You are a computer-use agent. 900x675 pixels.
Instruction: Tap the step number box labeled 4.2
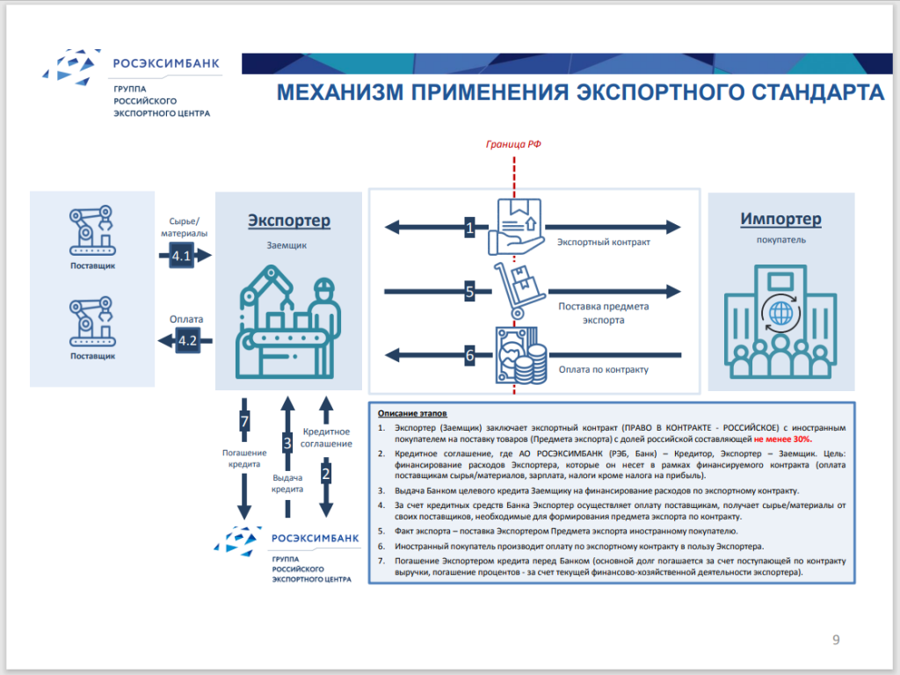[x=187, y=340]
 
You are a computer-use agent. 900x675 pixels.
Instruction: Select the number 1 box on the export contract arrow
[x=470, y=229]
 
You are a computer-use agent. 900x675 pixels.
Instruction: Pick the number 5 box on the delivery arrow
[x=470, y=291]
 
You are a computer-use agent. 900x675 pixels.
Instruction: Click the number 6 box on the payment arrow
[x=470, y=355]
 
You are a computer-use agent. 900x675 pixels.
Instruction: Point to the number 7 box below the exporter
[x=245, y=422]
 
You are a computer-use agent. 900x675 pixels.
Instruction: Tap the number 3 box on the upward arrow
[x=287, y=443]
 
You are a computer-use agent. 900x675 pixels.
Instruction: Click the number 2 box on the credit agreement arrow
[x=326, y=475]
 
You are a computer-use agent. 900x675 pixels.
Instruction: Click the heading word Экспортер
[x=289, y=220]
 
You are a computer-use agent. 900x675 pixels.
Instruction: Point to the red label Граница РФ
[x=513, y=143]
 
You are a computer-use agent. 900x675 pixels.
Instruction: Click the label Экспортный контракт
[x=604, y=242]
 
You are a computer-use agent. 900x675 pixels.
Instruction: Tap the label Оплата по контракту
[x=603, y=370]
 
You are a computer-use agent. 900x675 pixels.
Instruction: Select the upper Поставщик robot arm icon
[x=92, y=230]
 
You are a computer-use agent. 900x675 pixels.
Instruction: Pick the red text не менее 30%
[x=782, y=438]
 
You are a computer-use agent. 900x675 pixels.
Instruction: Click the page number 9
[x=836, y=639]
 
